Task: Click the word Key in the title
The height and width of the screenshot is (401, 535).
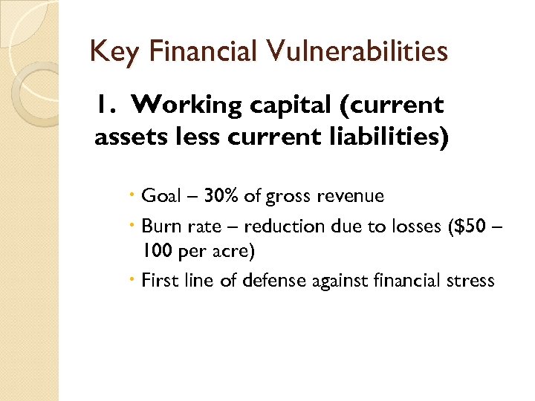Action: (x=108, y=52)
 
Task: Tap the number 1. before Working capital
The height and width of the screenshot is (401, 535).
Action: (x=105, y=105)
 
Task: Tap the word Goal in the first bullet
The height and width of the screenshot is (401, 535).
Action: (x=160, y=196)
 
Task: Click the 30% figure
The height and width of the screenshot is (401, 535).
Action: (x=221, y=196)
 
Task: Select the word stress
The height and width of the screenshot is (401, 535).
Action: (x=470, y=280)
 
